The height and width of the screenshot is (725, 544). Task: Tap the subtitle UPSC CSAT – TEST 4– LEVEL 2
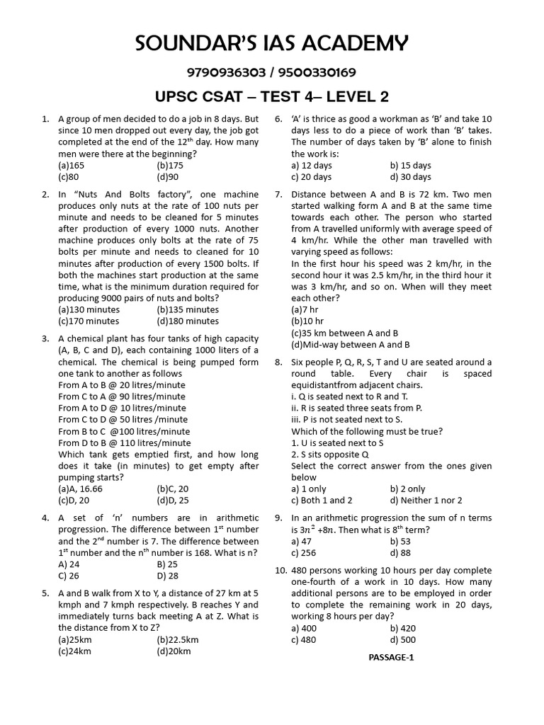click(271, 97)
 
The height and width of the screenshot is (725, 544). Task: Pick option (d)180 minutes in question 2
click(188, 321)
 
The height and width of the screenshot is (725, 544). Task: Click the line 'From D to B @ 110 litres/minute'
click(125, 443)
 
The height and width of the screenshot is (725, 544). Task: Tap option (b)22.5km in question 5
click(178, 639)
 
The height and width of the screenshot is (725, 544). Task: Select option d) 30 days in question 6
click(410, 177)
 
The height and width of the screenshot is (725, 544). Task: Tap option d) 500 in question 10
click(404, 639)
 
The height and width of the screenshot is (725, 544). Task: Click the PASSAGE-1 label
click(391, 657)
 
